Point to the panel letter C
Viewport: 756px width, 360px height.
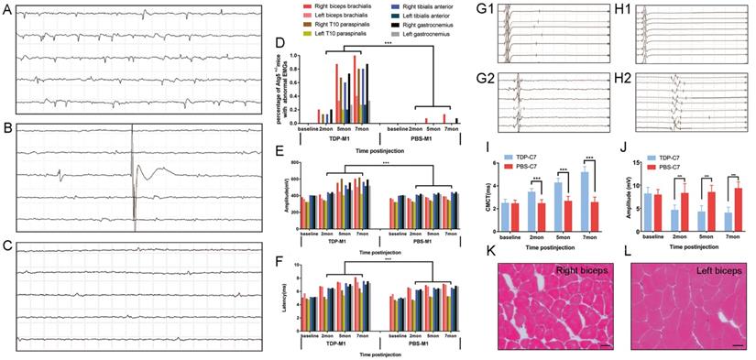[x=7, y=246]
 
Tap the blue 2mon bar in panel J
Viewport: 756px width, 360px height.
[x=649, y=220]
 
